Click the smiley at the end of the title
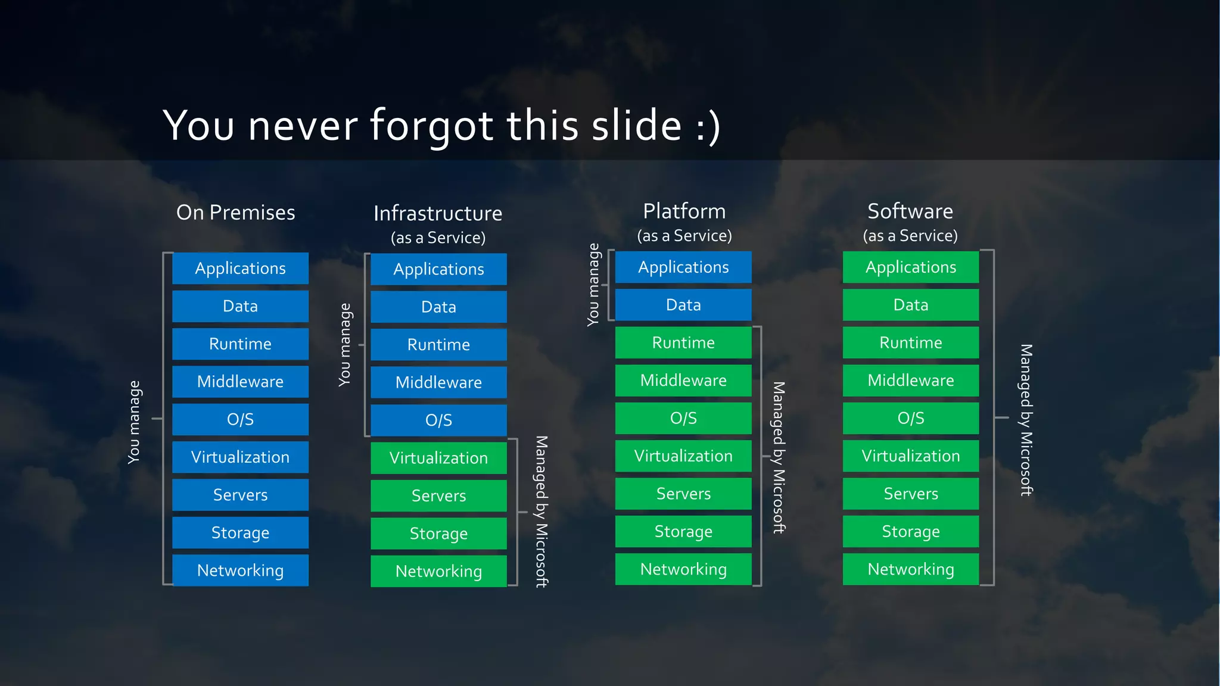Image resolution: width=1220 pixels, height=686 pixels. (708, 126)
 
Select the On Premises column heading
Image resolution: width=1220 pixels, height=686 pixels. (236, 213)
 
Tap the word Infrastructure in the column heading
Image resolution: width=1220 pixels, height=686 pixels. (438, 213)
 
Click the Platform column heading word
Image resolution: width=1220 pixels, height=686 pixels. (684, 211)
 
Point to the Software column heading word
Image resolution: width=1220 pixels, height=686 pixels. (910, 211)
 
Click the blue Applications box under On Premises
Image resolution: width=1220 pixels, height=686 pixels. (240, 269)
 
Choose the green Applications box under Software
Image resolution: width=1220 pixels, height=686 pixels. (910, 267)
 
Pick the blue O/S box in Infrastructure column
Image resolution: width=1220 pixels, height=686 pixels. (438, 420)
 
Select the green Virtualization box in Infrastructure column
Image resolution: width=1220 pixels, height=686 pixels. (438, 458)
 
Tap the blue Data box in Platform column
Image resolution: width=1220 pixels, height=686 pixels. (683, 305)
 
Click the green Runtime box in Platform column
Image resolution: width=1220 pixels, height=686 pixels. (683, 343)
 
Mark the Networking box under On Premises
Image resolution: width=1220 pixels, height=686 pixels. (240, 570)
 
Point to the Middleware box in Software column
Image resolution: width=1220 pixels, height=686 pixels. (910, 381)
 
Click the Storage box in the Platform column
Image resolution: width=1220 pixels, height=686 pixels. (683, 532)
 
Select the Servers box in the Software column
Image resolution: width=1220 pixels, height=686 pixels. (910, 494)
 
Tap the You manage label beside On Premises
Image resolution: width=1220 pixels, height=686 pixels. (134, 422)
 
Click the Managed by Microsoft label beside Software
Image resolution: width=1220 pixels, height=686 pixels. (1026, 420)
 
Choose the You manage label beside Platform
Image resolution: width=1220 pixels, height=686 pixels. (593, 285)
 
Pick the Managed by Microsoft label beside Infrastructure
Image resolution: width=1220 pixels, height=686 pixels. (541, 512)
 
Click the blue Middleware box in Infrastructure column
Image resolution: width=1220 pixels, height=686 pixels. (438, 382)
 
